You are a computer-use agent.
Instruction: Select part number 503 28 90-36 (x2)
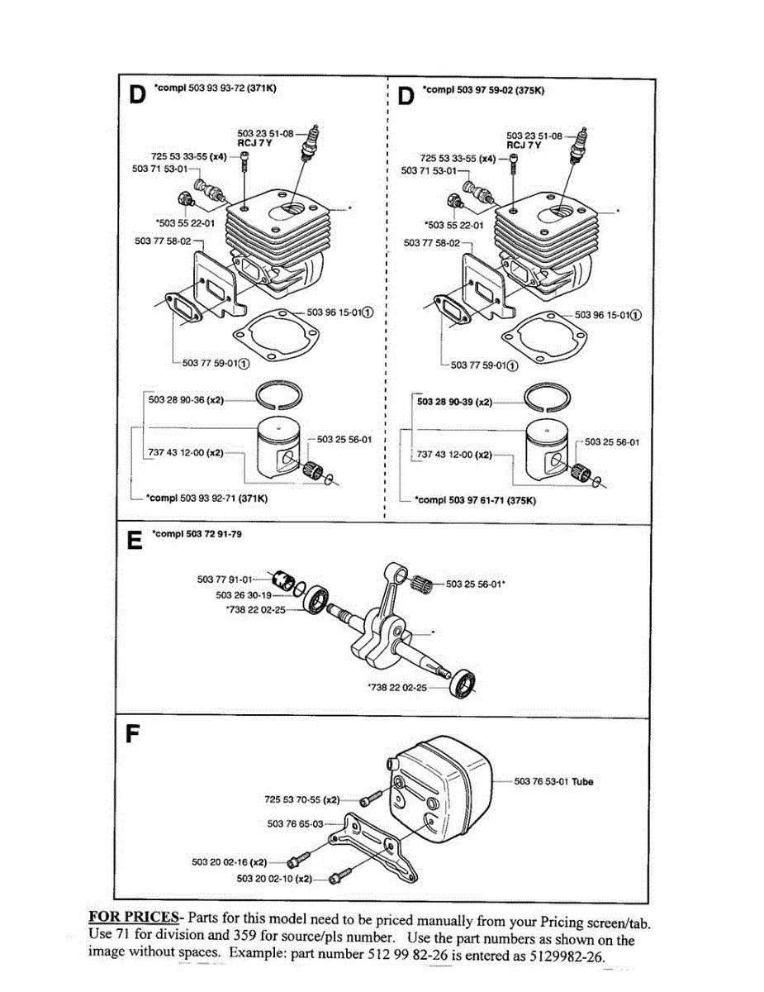pos(186,400)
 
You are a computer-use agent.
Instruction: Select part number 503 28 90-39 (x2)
pos(454,402)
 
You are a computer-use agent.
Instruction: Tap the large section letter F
pos(132,735)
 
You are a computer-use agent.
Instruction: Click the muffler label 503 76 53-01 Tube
pos(553,781)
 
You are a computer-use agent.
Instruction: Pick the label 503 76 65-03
pos(295,823)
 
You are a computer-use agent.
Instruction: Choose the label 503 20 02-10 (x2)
pos(274,878)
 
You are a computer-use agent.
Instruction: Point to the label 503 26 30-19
pos(244,594)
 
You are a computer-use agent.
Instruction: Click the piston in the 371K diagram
pos(281,450)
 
